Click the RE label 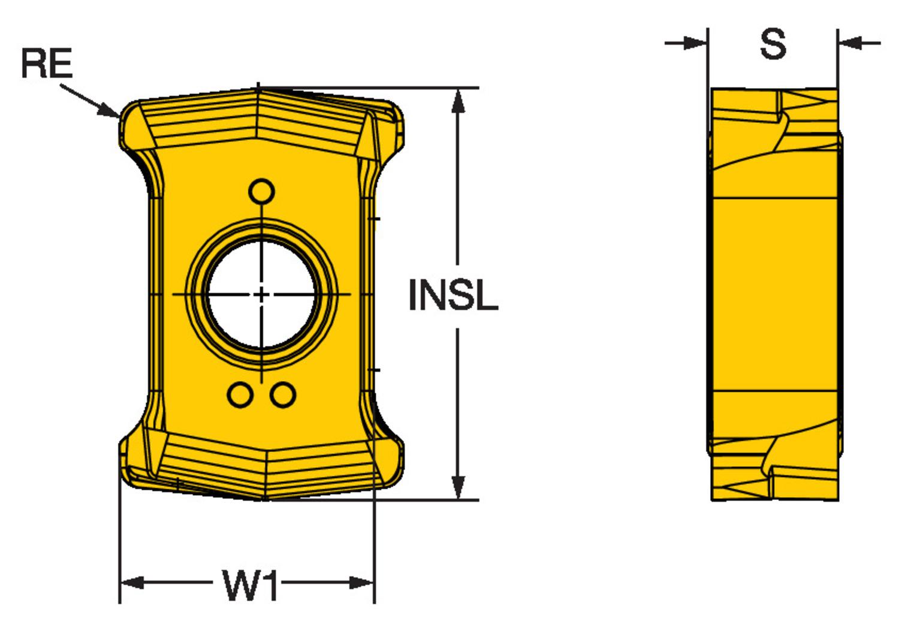pos(46,64)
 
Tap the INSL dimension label pos(452,295)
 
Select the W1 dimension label pos(251,585)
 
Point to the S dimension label pos(773,44)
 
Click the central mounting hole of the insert pos(262,294)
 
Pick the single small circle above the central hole pos(262,192)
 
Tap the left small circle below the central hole pos(240,395)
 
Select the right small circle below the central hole pos(283,395)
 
